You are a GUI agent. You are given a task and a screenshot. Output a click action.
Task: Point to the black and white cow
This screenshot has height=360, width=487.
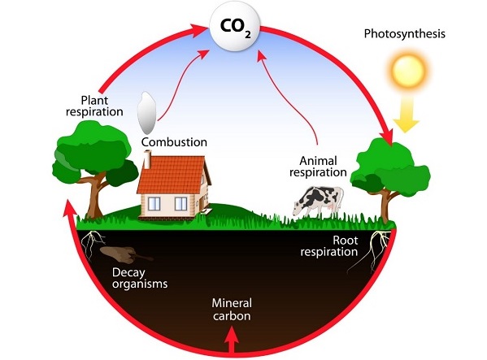[x=320, y=199]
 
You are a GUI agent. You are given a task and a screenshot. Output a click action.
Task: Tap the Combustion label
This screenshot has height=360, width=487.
[x=174, y=142]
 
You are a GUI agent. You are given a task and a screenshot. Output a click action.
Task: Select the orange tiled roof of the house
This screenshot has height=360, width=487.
[x=176, y=176]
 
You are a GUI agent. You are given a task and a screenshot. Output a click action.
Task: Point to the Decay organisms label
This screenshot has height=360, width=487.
[x=139, y=278]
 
